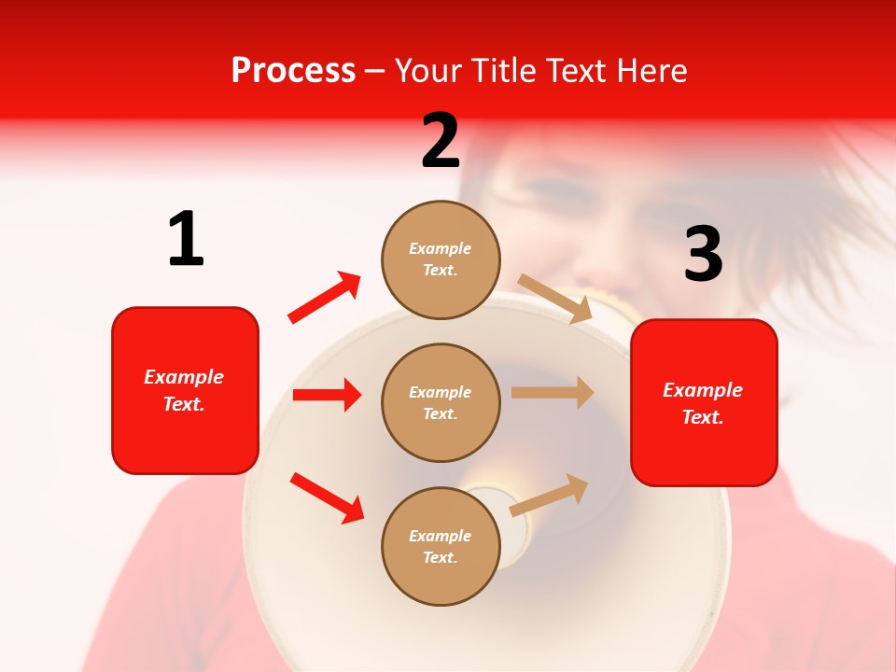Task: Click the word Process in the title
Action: pos(293,71)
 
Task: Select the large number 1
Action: pos(186,240)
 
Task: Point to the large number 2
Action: pos(441,141)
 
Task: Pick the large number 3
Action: pos(703,254)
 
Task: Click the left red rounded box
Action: pos(185,390)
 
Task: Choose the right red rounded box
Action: pos(704,403)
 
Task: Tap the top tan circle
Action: pos(441,259)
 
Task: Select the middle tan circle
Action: pos(441,402)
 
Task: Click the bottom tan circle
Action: pos(441,546)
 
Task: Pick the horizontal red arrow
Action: pos(327,395)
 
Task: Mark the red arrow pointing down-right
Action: pos(327,497)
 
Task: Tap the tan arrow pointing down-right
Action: pos(555,298)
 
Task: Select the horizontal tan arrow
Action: pos(553,392)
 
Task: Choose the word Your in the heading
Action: pos(429,71)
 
